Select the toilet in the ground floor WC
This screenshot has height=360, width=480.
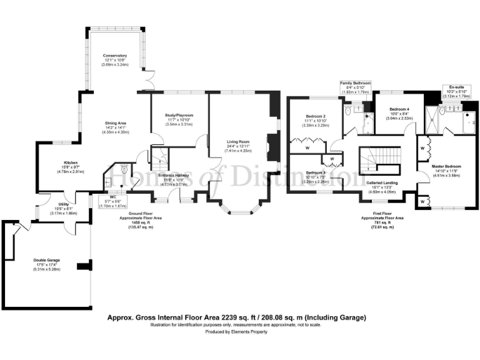(x=123, y=169)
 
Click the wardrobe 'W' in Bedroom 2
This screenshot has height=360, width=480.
(x=308, y=148)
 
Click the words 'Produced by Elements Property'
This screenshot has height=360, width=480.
(x=240, y=331)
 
